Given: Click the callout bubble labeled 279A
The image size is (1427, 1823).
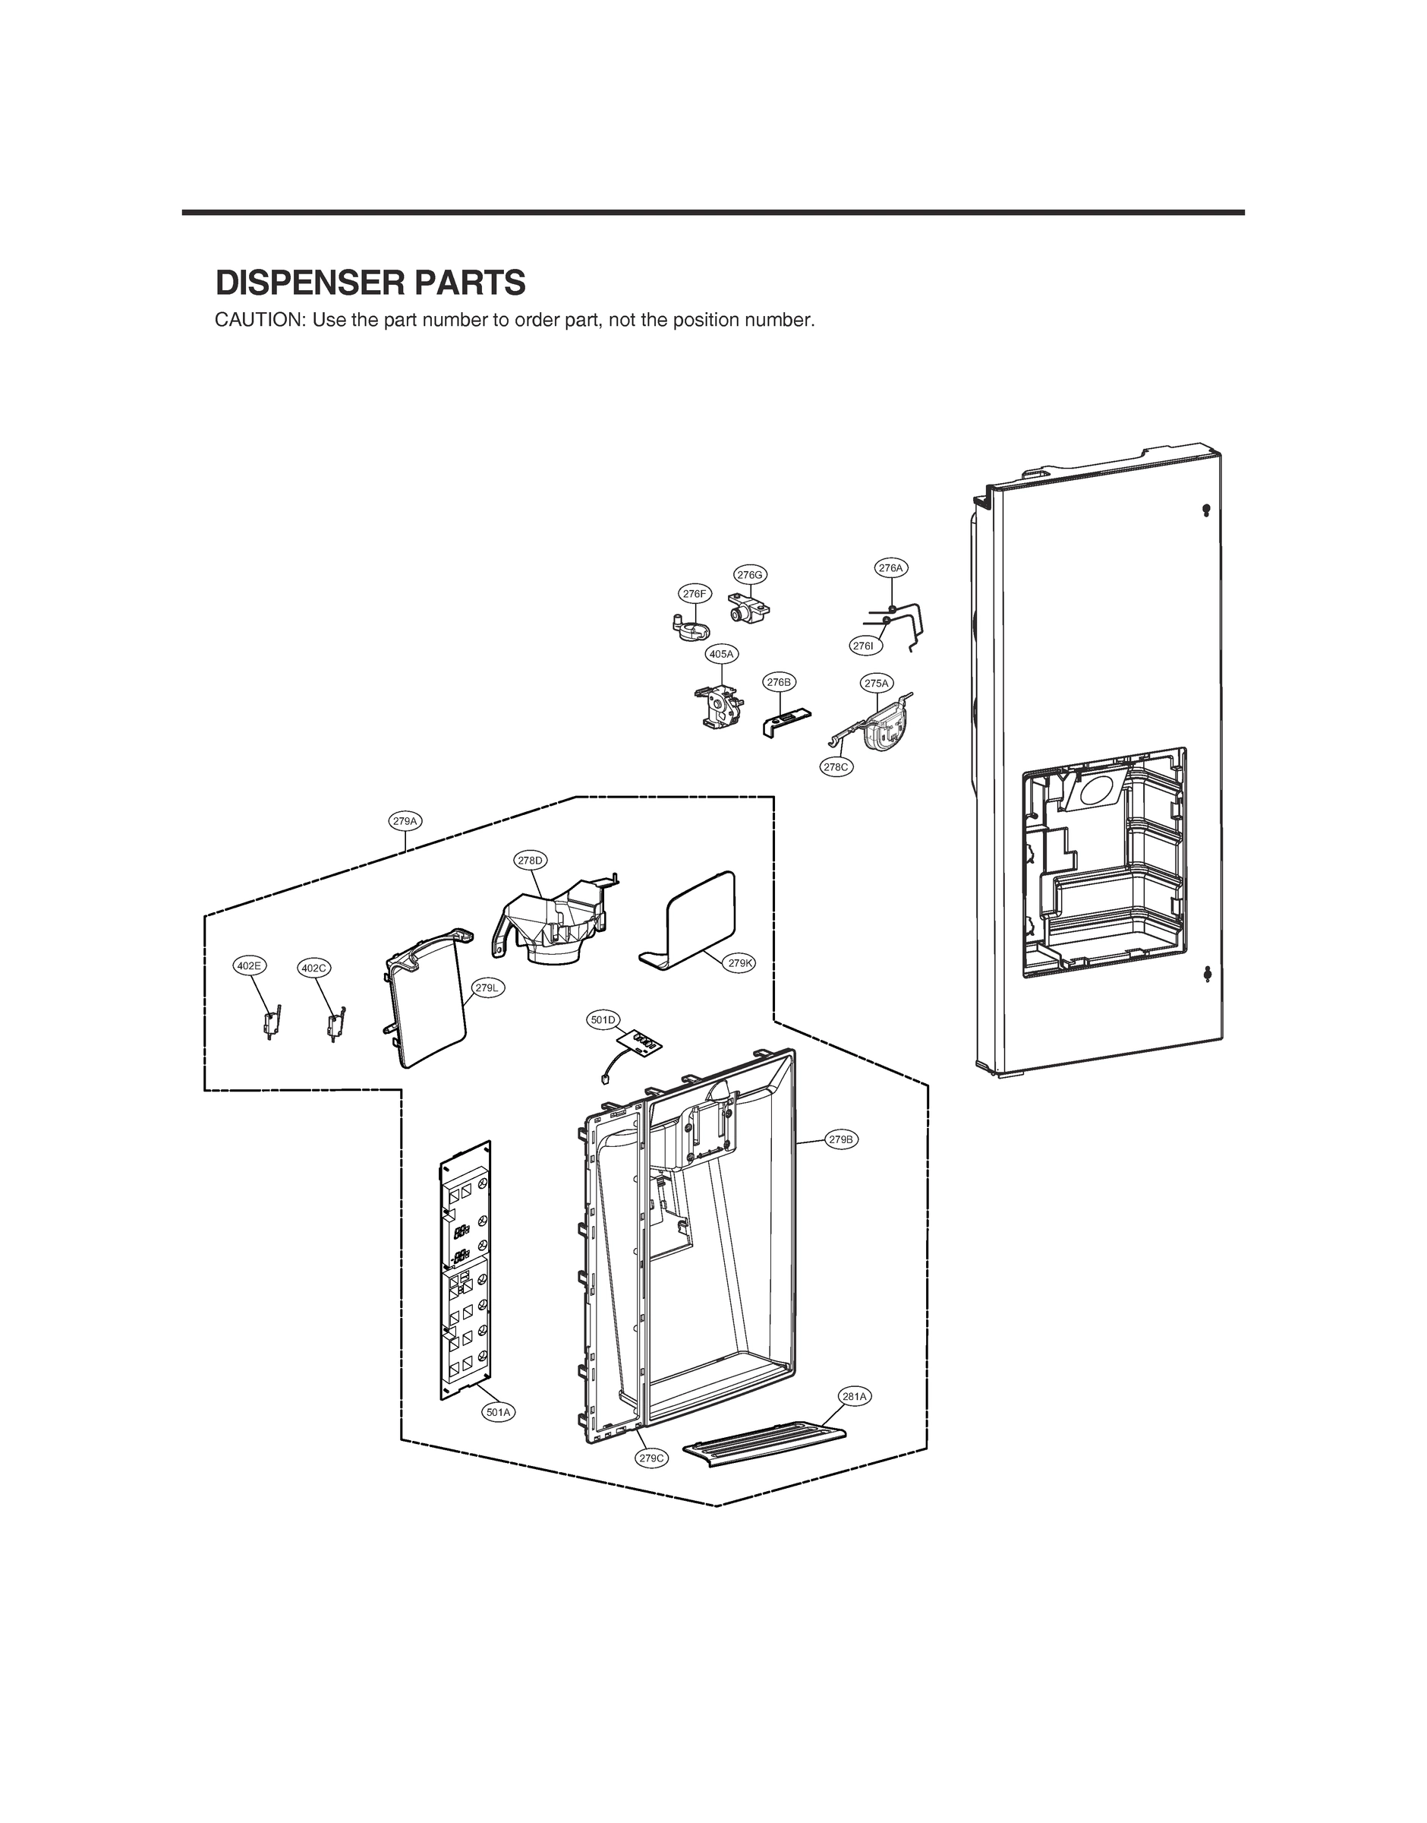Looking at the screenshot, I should coord(405,821).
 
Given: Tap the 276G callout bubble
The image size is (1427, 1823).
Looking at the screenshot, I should coord(749,574).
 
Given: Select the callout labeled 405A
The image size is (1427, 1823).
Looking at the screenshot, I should coord(721,654).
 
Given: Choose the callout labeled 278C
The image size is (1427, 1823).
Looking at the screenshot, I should coord(836,766).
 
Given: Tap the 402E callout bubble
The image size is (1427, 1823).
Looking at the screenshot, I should coord(249,965).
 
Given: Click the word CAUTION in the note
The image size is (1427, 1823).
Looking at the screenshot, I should coord(259,320).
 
